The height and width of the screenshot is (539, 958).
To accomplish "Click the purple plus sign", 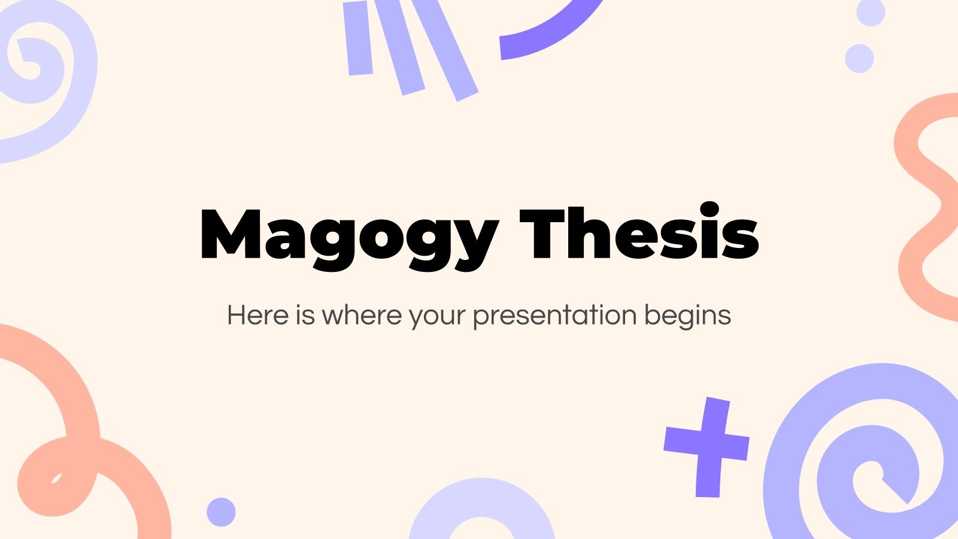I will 707,446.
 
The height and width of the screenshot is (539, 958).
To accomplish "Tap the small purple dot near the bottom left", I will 221,512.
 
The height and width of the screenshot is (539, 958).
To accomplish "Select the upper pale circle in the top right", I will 871,12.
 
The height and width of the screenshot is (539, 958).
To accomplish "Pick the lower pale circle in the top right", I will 859,59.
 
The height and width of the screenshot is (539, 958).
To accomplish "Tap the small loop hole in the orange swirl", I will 57,478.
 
